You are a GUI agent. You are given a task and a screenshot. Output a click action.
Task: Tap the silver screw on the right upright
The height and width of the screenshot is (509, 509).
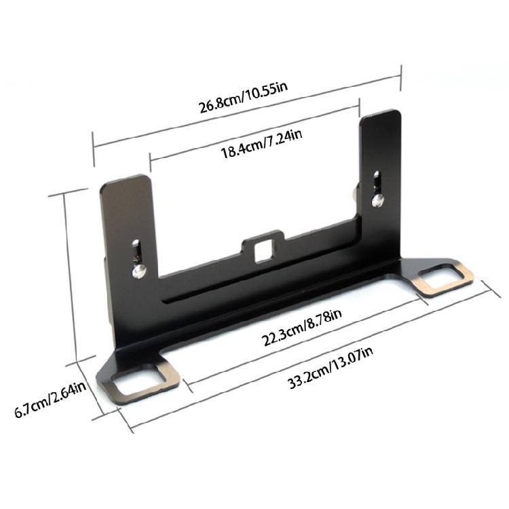tap(378, 199)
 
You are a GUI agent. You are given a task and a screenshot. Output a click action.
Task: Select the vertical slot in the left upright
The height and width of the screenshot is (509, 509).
tap(138, 249)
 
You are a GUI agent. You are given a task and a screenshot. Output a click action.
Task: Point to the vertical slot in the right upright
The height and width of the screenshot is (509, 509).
tap(378, 181)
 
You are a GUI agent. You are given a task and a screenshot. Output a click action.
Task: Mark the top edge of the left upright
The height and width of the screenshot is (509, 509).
tap(124, 180)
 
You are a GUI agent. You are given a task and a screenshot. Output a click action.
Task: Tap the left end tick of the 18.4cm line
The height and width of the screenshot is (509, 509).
tap(149, 165)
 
